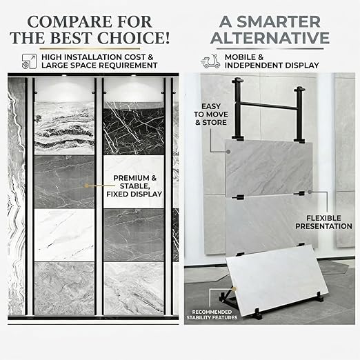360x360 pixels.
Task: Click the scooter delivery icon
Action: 210,61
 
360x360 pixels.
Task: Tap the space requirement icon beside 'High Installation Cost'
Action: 29,61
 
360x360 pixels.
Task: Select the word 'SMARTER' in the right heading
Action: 279,22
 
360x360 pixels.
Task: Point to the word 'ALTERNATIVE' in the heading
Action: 270,38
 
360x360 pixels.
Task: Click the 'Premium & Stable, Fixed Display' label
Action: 134,186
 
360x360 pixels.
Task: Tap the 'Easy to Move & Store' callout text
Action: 211,114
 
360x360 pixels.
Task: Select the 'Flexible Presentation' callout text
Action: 323,222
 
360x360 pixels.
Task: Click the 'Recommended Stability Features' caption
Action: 212,314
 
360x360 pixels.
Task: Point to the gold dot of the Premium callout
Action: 86,186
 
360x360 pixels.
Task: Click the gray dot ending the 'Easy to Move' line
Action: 228,152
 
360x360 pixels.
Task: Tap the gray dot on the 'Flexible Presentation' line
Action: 310,192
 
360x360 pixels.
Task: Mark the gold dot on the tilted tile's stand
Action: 234,289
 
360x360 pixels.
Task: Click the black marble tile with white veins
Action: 134,128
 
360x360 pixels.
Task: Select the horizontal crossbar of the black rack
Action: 268,106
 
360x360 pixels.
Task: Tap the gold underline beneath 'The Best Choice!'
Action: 90,49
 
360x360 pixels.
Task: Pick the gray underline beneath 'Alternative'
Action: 270,49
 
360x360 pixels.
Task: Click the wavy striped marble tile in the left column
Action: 64,128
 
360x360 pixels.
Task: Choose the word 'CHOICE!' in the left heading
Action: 133,38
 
